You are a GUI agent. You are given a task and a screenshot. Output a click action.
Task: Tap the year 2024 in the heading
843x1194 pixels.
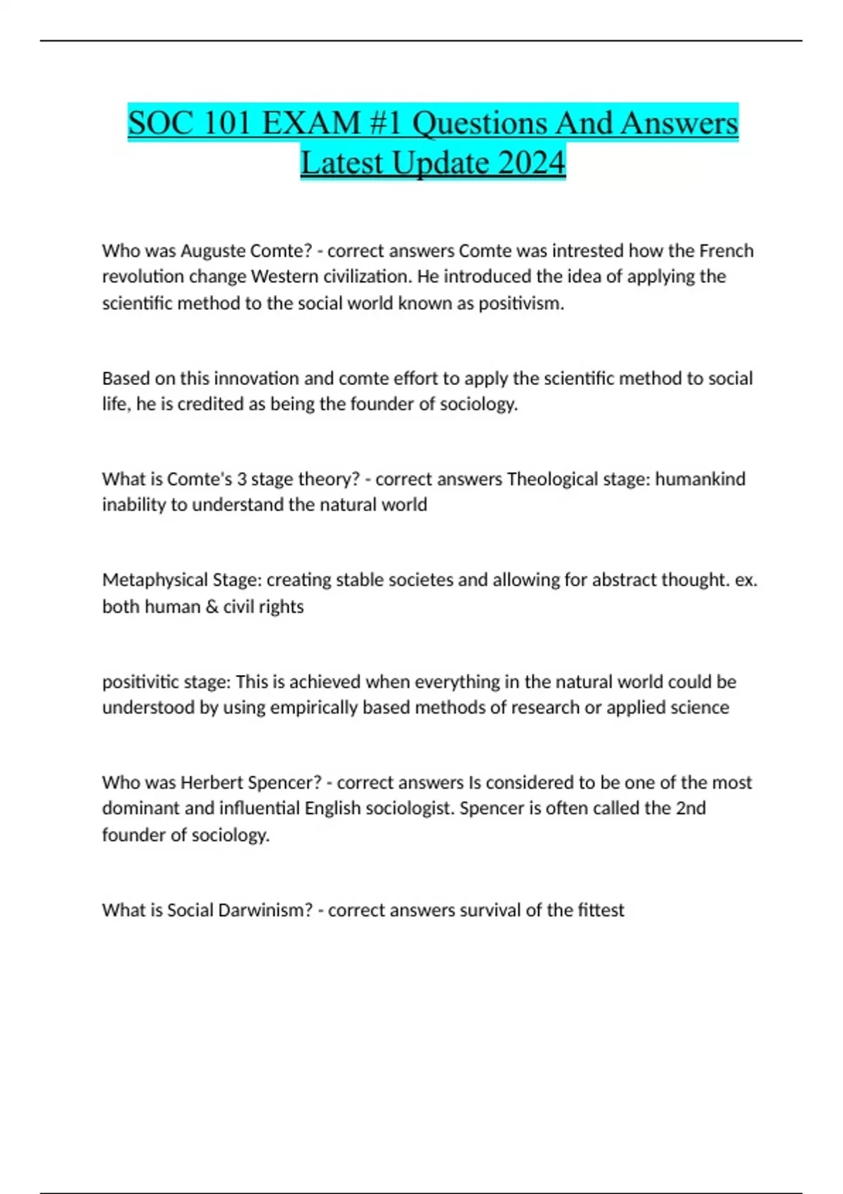pos(532,163)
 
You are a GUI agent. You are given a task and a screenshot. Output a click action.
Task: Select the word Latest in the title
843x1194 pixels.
pos(341,163)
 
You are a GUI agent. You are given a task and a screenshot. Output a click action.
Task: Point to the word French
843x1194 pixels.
pos(726,251)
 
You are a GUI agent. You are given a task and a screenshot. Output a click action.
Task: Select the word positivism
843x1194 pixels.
pos(521,303)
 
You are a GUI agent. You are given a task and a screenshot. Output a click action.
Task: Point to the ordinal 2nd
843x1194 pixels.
pos(691,808)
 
